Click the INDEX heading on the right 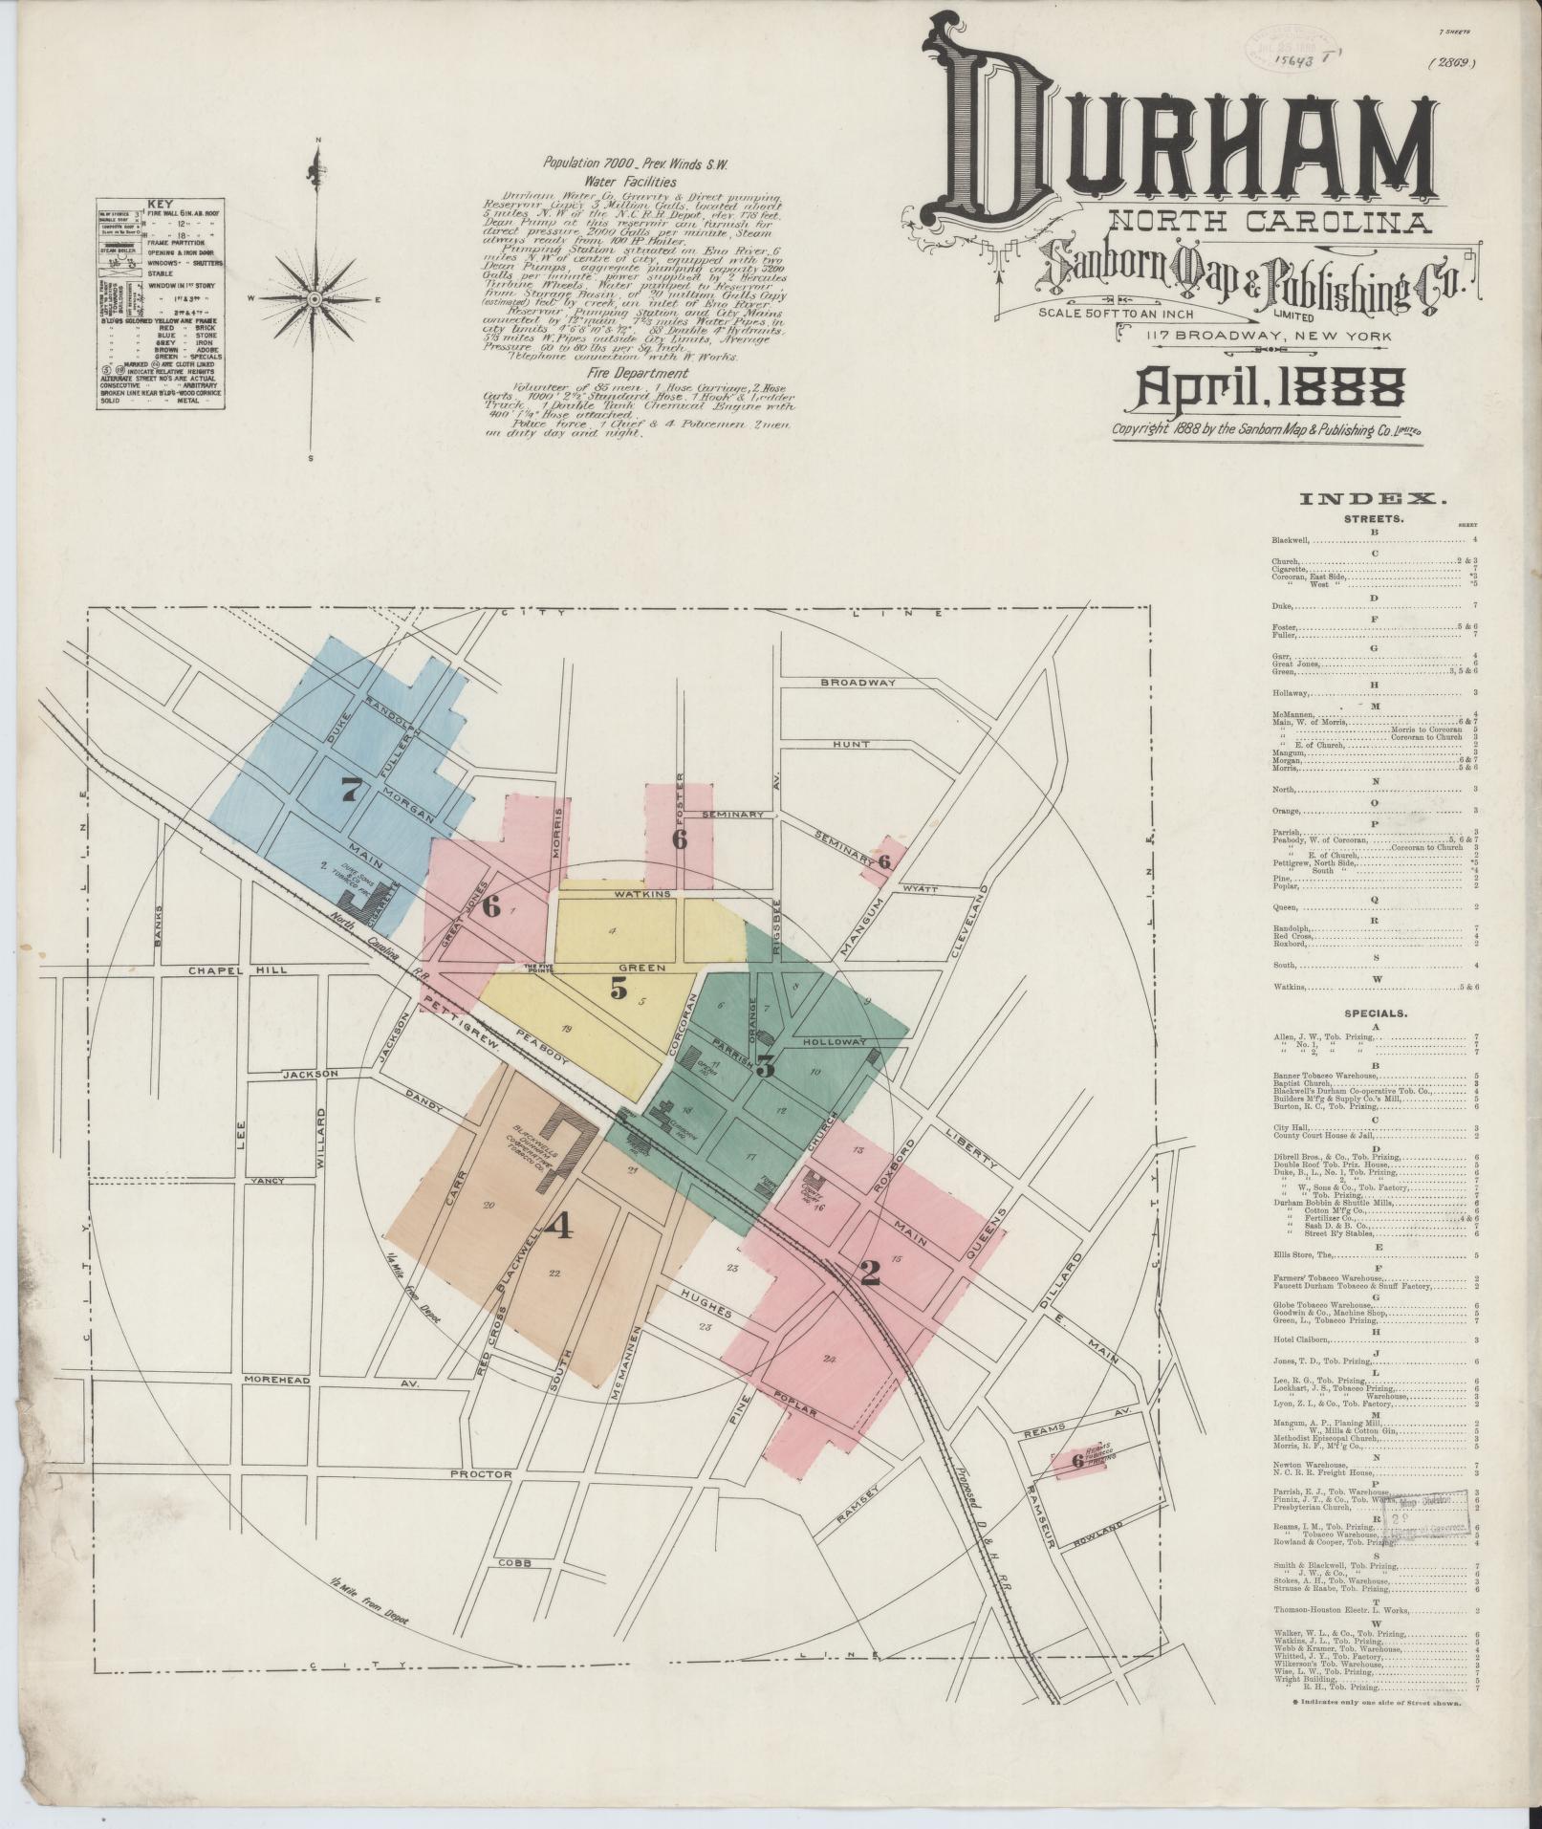tap(1375, 498)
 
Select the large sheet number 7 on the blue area tap(353, 790)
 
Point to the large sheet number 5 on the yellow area tap(619, 990)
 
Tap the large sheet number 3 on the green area tap(765, 1067)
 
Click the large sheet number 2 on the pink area tap(869, 1273)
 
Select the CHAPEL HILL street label tap(224, 970)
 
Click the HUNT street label tap(850, 743)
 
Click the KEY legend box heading tap(159, 204)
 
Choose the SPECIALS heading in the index tap(1375, 1012)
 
